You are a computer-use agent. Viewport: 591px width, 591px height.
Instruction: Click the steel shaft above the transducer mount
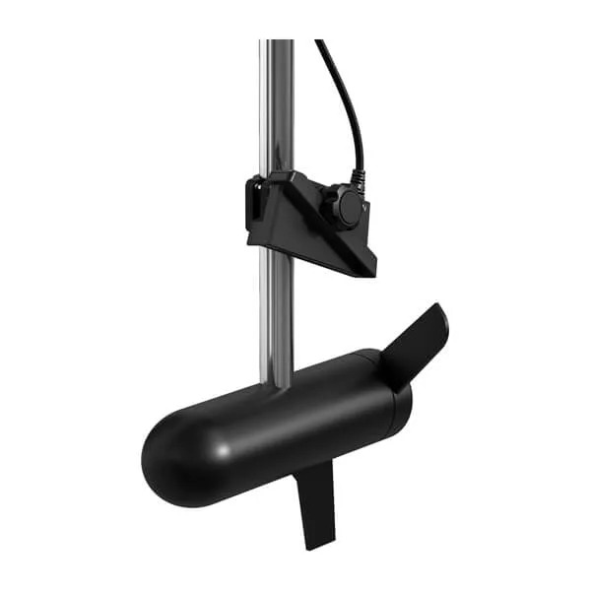277,108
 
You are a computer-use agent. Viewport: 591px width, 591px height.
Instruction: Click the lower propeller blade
316,502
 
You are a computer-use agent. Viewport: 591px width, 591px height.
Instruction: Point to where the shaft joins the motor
277,384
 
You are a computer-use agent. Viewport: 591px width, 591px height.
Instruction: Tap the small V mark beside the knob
365,209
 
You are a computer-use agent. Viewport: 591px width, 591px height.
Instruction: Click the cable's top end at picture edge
319,42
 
